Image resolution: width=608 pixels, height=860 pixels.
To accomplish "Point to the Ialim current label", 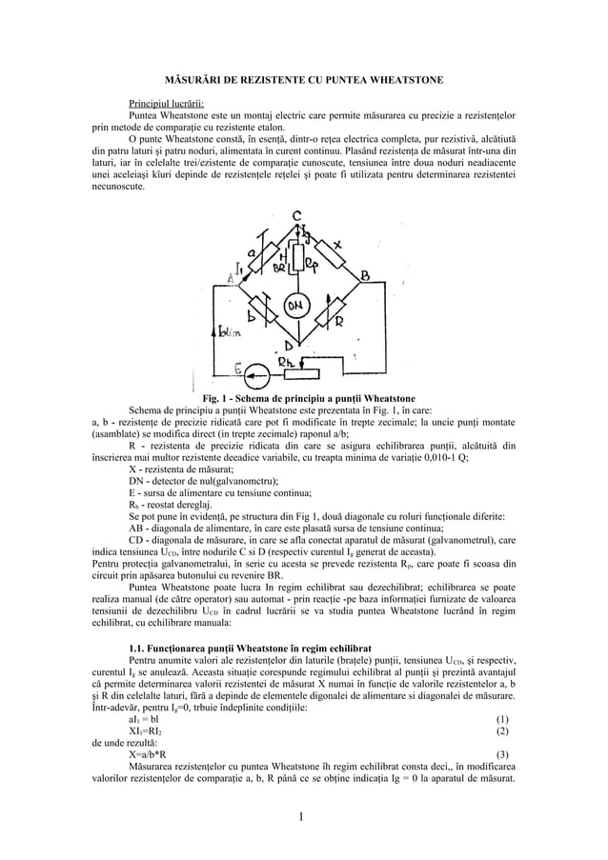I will tap(230, 332).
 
